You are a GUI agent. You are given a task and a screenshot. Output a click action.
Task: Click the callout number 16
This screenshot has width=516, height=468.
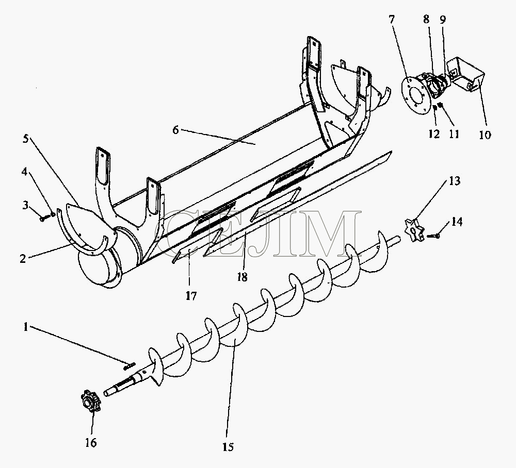pyautogui.click(x=91, y=443)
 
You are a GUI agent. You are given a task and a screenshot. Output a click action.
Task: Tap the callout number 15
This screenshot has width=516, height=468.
pyautogui.click(x=228, y=447)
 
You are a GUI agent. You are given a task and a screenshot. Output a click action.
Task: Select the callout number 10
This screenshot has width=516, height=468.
pyautogui.click(x=485, y=135)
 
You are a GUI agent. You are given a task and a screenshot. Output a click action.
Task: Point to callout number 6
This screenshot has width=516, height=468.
pyautogui.click(x=176, y=130)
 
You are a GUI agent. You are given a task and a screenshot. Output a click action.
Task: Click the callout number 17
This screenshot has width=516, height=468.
pyautogui.click(x=191, y=296)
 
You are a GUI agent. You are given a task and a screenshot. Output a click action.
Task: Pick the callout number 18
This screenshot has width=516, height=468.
pyautogui.click(x=242, y=277)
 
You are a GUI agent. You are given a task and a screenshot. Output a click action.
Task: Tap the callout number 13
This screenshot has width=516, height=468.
pyautogui.click(x=455, y=181)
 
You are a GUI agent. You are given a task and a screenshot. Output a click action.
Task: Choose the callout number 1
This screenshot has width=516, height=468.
pyautogui.click(x=26, y=327)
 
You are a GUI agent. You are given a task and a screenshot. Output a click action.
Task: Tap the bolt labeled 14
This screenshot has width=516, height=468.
pyautogui.click(x=433, y=236)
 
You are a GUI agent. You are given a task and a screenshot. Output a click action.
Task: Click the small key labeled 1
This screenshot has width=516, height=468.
pyautogui.click(x=130, y=365)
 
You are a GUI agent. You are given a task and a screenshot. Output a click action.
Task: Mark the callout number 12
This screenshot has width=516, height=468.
pyautogui.click(x=434, y=134)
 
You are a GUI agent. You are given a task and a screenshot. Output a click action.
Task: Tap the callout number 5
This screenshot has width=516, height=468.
pyautogui.click(x=26, y=138)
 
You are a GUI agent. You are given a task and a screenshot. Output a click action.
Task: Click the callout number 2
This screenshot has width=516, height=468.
pyautogui.click(x=22, y=259)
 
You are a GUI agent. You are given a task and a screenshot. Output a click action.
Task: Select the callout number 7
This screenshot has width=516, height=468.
pyautogui.click(x=391, y=20)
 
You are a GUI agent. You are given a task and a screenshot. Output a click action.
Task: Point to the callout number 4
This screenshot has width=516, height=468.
pyautogui.click(x=25, y=171)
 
